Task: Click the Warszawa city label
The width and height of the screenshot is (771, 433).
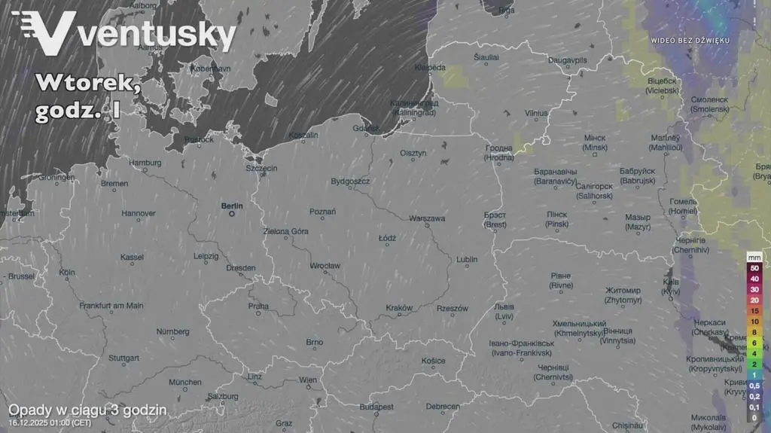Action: pos(426,218)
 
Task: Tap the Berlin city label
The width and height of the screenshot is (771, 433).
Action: pos(232,205)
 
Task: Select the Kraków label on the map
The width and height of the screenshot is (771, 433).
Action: pos(399,307)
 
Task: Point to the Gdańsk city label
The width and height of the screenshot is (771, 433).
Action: pos(371,128)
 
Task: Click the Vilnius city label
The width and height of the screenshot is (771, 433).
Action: pos(536,113)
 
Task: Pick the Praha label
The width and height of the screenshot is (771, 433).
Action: pos(258,306)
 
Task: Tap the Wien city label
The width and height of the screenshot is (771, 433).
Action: pos(308,380)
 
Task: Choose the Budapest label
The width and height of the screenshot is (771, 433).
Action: pos(376,407)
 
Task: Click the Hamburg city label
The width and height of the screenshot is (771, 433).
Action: pos(145,162)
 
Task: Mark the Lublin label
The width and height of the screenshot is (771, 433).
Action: pos(467,260)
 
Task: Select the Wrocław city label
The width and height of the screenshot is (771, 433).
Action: pos(325,266)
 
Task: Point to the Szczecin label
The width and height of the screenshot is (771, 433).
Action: pos(261,168)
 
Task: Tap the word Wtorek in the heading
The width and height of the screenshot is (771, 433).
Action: pos(87,83)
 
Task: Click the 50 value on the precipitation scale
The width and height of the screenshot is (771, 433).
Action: pos(754,268)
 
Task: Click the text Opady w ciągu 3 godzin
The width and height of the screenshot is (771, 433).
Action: pos(87,410)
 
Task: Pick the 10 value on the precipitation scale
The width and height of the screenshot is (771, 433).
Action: pos(754,321)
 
